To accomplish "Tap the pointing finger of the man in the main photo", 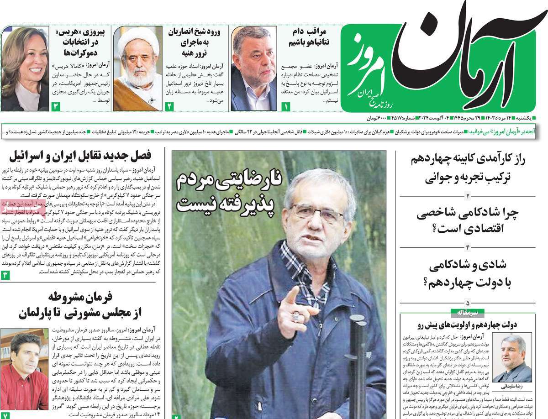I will [292, 296].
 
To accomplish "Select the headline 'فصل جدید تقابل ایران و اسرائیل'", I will [87, 156].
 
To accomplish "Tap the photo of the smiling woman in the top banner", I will [25, 68].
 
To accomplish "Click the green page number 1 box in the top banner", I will [286, 107].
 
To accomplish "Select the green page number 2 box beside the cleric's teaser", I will [169, 107].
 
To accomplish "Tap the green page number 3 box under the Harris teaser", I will [56, 107].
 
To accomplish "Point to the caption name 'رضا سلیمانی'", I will [512, 386].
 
